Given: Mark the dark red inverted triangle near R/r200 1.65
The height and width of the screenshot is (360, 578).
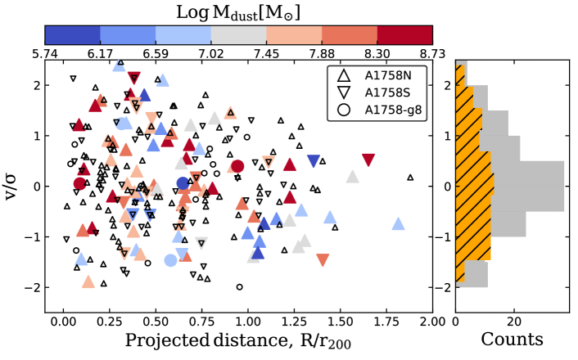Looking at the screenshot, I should [x=368, y=160].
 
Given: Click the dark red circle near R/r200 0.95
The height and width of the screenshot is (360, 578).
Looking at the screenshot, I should [x=237, y=167].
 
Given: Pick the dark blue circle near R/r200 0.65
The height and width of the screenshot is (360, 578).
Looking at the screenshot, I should [x=183, y=183].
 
